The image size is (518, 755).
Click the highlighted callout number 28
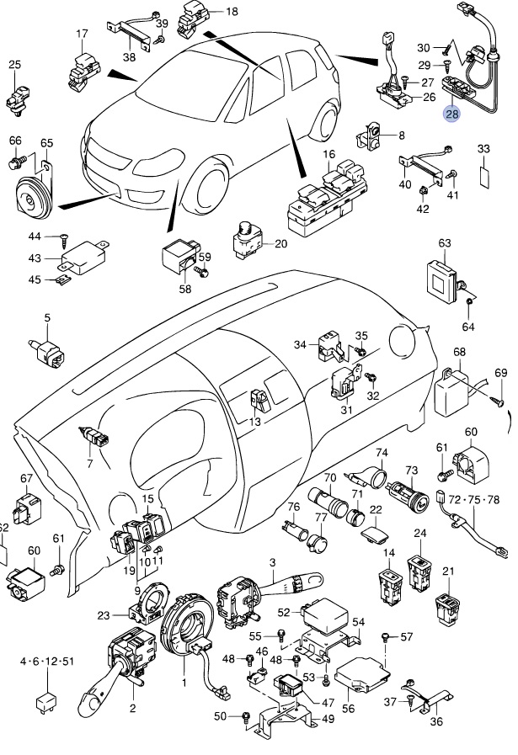[452, 114]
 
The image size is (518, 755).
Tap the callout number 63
[444, 242]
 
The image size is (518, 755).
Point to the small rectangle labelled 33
[484, 177]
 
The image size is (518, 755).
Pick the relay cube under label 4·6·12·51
[46, 701]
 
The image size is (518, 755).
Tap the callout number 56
[348, 709]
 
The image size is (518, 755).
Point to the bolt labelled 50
[247, 717]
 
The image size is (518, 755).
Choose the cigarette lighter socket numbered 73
[409, 496]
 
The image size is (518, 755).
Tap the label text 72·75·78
[473, 500]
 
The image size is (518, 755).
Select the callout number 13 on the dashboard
[255, 422]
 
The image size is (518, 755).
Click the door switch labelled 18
[192, 19]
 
